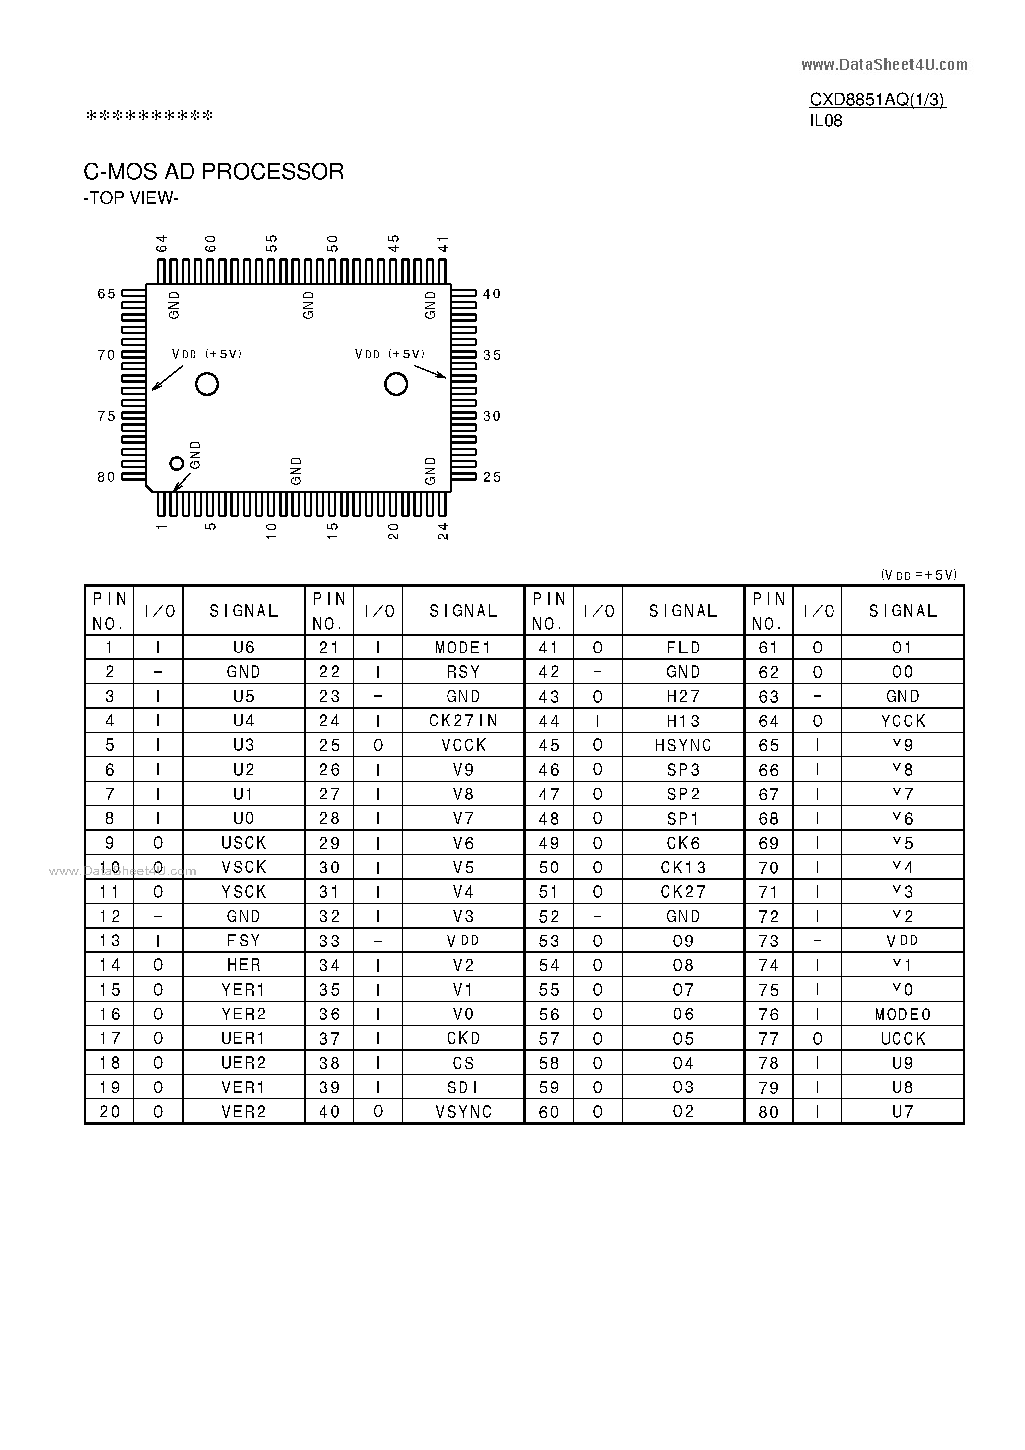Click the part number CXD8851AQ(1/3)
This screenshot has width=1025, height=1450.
[877, 100]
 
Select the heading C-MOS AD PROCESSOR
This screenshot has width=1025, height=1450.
[214, 172]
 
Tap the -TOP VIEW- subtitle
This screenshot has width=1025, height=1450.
[131, 198]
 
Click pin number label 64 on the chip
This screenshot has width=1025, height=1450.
[162, 243]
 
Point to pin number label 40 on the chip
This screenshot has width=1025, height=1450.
[492, 293]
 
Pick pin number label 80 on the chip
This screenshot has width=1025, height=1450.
[106, 477]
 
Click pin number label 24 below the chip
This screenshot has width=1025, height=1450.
[443, 530]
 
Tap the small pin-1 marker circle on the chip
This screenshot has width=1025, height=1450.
[177, 463]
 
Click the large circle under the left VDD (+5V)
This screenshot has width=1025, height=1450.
[207, 384]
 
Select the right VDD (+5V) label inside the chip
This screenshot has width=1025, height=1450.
[389, 354]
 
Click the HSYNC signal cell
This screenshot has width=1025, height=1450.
[683, 745]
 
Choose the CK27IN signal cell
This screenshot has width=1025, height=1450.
[463, 721]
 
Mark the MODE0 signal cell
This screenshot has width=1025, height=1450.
[902, 1014]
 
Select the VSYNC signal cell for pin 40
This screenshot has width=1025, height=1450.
[463, 1111]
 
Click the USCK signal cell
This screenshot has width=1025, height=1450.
[244, 843]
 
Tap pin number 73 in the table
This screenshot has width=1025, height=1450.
[769, 941]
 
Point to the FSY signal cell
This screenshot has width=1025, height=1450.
[244, 941]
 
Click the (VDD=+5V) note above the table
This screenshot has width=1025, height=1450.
[918, 575]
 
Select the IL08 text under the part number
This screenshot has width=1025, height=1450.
[826, 121]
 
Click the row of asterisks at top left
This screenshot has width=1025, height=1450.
[150, 116]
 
